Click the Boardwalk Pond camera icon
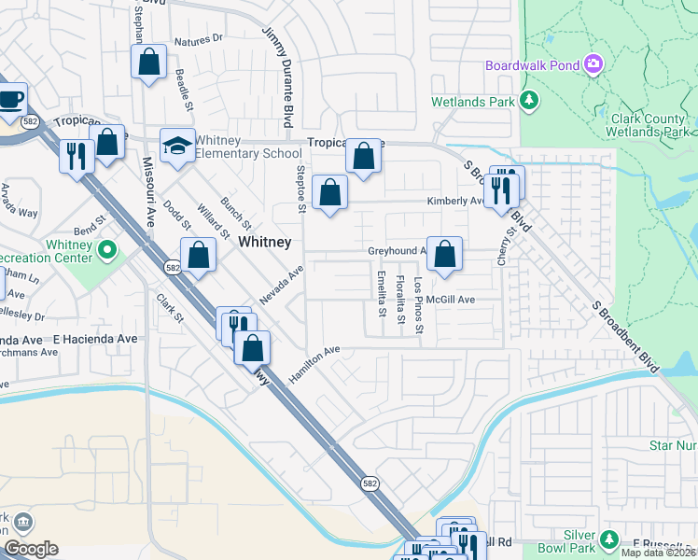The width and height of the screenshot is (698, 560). point(593,64)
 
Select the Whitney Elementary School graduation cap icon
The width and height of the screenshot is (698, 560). point(175,145)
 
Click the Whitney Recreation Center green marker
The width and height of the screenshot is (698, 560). point(107,249)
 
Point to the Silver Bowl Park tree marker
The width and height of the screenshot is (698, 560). point(609,539)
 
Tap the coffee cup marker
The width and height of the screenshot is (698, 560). point(11,98)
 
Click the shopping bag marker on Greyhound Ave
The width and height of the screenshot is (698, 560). point(446,253)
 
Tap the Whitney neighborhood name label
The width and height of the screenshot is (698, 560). point(264,242)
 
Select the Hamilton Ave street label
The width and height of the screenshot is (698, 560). point(314,359)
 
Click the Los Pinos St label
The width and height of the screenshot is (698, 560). point(419,307)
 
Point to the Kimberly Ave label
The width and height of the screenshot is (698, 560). point(454,201)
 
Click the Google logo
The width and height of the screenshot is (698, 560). point(31,549)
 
